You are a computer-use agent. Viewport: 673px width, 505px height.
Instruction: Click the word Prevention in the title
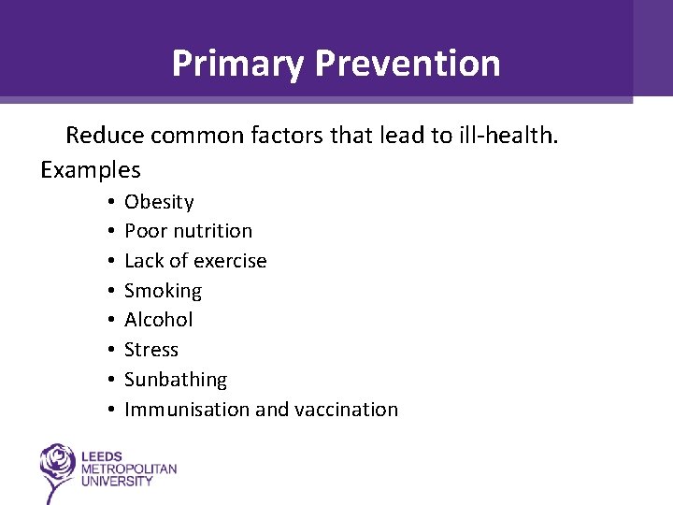(x=408, y=64)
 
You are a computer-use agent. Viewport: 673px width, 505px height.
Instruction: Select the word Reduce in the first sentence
(x=103, y=136)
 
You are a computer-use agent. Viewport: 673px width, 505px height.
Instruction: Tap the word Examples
(x=90, y=170)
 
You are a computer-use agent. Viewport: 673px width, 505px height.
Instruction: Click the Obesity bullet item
(x=159, y=202)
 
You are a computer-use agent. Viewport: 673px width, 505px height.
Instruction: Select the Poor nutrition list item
(x=188, y=231)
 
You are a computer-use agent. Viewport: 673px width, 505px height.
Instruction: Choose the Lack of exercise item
(x=195, y=261)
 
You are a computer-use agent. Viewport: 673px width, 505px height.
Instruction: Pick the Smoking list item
(x=163, y=291)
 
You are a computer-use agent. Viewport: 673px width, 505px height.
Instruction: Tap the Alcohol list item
(x=159, y=320)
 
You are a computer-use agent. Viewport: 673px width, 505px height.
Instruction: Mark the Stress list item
(x=151, y=350)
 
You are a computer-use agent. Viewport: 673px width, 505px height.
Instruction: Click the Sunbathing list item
(x=176, y=380)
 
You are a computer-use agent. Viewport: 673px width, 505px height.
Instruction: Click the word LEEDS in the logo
(x=103, y=456)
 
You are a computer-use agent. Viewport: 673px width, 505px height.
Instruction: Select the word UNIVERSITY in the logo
(x=118, y=481)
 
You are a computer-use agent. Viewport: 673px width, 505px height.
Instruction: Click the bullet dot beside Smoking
(x=110, y=291)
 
